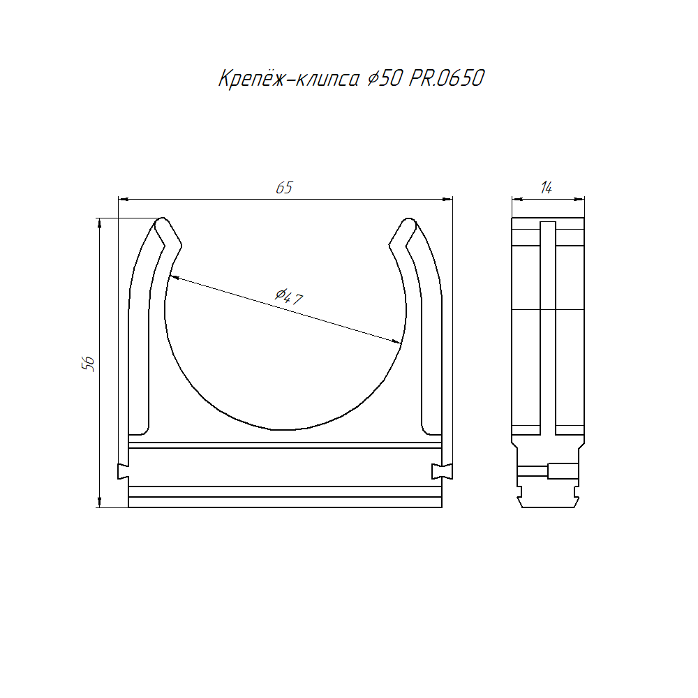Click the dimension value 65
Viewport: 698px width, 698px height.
tap(284, 188)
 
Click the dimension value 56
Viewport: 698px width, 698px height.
tap(88, 364)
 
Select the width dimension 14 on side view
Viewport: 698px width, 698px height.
tap(547, 188)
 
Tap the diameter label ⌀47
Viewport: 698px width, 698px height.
tap(288, 296)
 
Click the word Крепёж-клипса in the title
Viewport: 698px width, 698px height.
tap(288, 80)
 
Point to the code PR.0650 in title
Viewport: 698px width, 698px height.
tap(446, 78)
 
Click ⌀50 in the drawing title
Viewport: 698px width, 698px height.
tap(385, 79)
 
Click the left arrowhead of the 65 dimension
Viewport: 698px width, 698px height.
tap(124, 200)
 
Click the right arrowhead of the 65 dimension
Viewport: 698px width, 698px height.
tap(447, 200)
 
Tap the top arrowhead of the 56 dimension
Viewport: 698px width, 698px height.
tap(99, 223)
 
